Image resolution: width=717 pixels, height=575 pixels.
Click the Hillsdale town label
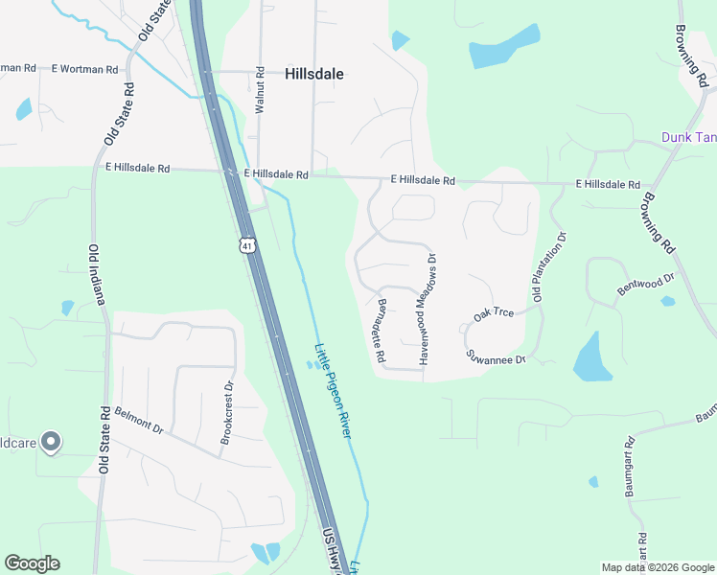[x=314, y=73]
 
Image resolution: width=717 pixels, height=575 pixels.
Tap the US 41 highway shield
[x=248, y=246]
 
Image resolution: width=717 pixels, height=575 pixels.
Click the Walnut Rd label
[x=260, y=91]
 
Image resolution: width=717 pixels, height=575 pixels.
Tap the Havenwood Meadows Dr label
[x=427, y=310]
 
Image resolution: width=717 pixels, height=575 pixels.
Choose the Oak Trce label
[x=494, y=313]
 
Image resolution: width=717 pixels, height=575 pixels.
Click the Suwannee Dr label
[x=497, y=357]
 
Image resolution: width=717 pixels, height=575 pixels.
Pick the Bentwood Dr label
[x=646, y=284]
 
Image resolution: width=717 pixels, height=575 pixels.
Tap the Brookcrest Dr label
[x=227, y=413]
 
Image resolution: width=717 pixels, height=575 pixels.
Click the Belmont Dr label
[x=140, y=421]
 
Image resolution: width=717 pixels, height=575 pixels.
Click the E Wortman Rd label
[x=85, y=69]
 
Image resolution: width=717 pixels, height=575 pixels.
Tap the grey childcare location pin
[x=52, y=442]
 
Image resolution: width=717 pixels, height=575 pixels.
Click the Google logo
[x=33, y=563]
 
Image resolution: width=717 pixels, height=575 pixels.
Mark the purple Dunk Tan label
[x=688, y=137]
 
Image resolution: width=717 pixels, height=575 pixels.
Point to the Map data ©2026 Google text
[x=658, y=567]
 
